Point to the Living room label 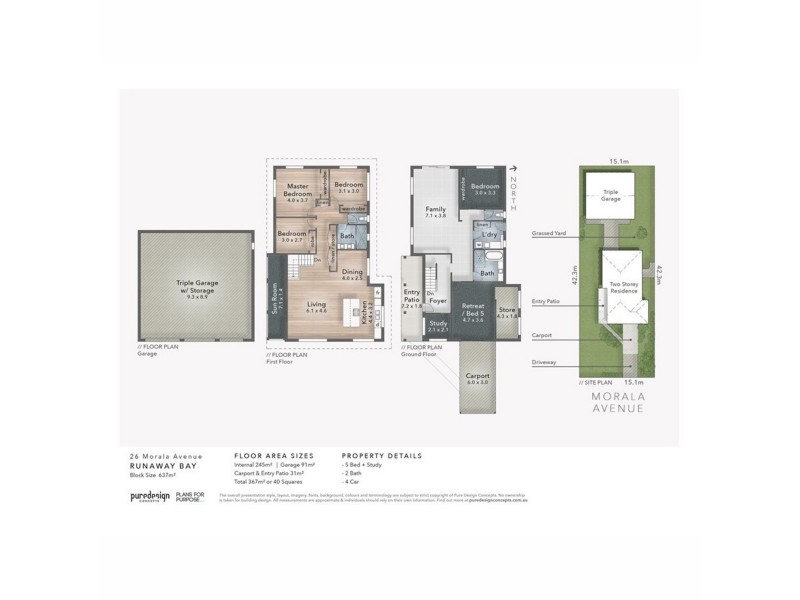(316, 305)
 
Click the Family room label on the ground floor (435, 209)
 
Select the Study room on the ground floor (438, 325)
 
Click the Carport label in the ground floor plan (477, 377)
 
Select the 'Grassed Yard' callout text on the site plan (550, 233)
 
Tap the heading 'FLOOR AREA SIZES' (267, 455)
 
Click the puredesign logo (149, 496)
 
